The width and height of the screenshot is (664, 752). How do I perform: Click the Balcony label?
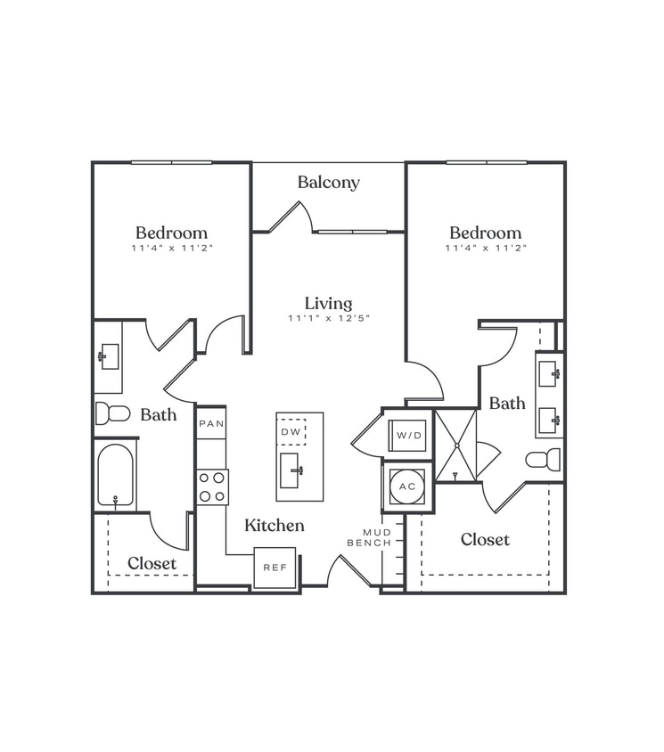click(328, 183)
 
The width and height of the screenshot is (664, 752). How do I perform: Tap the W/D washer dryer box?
click(407, 436)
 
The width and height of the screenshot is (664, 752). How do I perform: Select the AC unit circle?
click(407, 486)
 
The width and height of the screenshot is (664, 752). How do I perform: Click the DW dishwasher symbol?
click(291, 431)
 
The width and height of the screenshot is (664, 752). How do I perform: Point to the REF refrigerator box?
click(274, 568)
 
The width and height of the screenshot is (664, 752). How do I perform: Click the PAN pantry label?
click(211, 423)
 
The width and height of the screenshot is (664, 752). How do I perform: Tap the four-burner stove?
click(212, 486)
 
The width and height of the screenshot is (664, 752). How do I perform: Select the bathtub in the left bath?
click(115, 476)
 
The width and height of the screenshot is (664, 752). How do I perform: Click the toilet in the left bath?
click(112, 413)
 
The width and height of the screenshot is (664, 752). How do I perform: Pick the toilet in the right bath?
click(543, 459)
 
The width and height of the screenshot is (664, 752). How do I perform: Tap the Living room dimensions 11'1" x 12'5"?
click(328, 318)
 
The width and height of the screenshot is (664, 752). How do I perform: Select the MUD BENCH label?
click(369, 537)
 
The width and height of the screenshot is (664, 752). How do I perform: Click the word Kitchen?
click(275, 526)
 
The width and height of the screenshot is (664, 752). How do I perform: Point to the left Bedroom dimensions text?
click(171, 248)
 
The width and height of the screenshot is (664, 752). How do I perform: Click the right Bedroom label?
click(485, 233)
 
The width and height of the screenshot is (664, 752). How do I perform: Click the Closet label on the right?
click(485, 539)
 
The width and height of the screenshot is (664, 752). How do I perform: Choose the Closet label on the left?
click(152, 563)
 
